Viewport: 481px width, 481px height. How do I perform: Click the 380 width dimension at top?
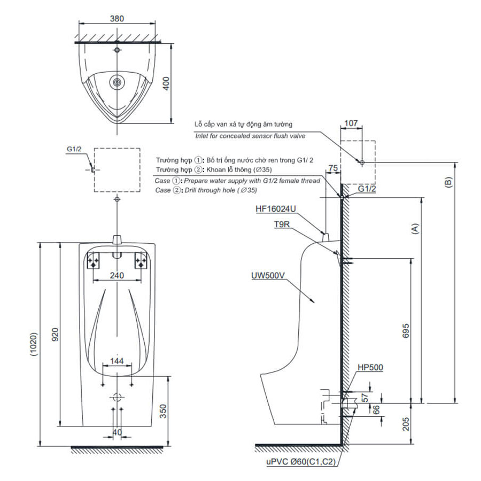(x=117, y=18)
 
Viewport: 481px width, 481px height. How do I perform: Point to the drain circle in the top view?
(x=117, y=83)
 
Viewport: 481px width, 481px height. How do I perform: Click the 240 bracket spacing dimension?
(x=117, y=276)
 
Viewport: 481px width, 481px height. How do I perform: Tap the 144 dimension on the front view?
(x=117, y=361)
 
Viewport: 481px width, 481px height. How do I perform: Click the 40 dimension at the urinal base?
(x=117, y=432)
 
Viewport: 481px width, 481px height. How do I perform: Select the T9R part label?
(x=282, y=225)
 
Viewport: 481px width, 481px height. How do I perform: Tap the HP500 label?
(x=369, y=367)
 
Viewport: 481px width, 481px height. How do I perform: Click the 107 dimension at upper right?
(x=351, y=123)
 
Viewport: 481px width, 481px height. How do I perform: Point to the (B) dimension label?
(x=449, y=182)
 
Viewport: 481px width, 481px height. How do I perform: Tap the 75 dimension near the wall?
(x=333, y=167)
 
